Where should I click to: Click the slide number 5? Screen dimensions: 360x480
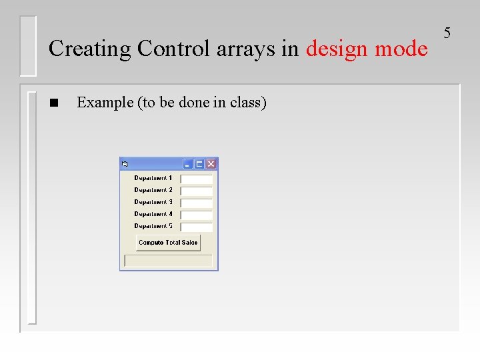coord(447,33)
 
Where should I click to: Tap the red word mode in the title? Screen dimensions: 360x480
coord(401,49)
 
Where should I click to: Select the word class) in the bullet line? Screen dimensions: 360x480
coord(248,103)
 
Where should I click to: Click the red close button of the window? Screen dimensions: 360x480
coord(211,164)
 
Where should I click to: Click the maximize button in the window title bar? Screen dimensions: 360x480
coord(199,164)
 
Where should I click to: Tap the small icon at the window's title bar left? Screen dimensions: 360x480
coord(125,164)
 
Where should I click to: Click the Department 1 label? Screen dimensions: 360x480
coord(153,178)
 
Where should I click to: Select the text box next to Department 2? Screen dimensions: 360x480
coord(197,191)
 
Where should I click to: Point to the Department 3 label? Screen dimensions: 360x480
coord(153,202)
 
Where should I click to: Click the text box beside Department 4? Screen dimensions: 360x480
coord(197,215)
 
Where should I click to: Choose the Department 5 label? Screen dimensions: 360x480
coord(153,226)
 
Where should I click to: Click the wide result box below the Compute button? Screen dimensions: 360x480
coord(168,261)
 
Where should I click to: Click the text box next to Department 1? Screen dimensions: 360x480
coord(197,179)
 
